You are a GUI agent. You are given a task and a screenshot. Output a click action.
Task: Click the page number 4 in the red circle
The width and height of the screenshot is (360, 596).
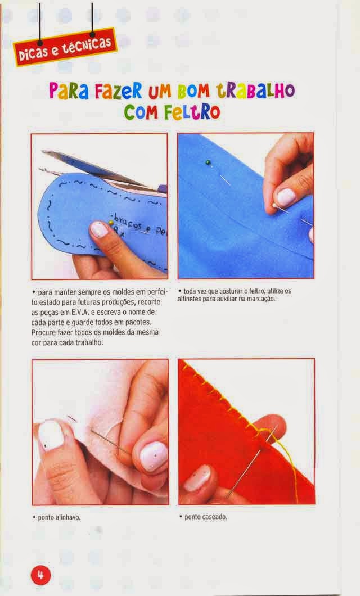pyautogui.click(x=40, y=575)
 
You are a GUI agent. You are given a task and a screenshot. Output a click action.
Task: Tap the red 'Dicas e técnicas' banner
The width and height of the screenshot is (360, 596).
pyautogui.click(x=65, y=47)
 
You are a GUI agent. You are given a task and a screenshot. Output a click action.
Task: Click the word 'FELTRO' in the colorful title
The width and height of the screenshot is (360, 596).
pyautogui.click(x=192, y=112)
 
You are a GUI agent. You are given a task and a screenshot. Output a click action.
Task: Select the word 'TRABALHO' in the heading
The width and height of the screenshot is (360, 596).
pyautogui.click(x=255, y=91)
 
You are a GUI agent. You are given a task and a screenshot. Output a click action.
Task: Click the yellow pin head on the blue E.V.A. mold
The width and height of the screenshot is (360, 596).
pyautogui.click(x=111, y=223)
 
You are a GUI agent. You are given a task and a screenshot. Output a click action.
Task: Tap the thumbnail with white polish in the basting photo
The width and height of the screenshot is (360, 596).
pyautogui.click(x=51, y=435)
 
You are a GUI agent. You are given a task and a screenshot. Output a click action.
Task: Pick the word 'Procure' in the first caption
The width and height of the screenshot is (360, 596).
pyautogui.click(x=43, y=333)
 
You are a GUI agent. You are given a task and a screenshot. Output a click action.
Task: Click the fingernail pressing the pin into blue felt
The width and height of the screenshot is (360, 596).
pyautogui.click(x=286, y=197)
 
